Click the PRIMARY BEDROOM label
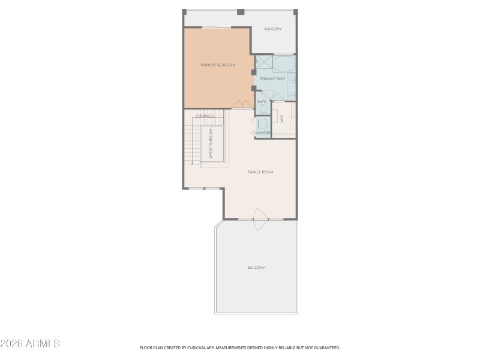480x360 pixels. point(218,65)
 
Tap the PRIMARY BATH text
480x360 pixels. point(272,79)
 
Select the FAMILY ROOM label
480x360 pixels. point(260,172)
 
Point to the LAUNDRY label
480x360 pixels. point(263,133)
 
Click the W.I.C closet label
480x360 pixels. point(281,119)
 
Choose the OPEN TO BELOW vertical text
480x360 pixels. point(211,145)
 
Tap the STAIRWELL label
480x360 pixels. point(205,116)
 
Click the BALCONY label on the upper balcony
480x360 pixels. point(273,29)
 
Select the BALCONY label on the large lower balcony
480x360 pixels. point(256,268)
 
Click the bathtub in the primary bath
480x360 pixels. point(284,64)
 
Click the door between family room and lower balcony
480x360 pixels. point(260,218)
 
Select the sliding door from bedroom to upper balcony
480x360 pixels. point(217,28)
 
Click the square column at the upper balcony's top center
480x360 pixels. point(241,12)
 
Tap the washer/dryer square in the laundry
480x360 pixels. point(262,120)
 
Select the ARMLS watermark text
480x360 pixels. point(30,344)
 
